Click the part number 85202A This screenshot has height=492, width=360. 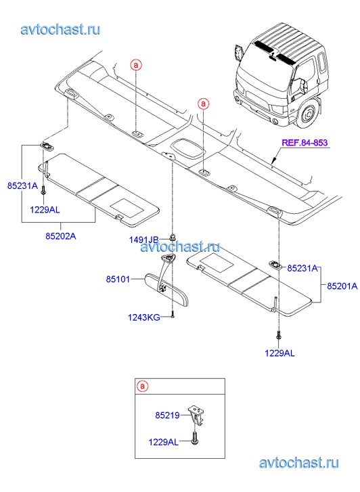(x=61, y=236)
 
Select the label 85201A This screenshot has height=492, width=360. (x=342, y=286)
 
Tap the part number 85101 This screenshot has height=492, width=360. (x=118, y=279)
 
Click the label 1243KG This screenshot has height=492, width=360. (x=144, y=317)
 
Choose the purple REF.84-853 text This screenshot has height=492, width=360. (x=305, y=143)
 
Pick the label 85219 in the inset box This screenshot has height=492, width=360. (x=167, y=415)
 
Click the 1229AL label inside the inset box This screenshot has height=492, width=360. (x=163, y=442)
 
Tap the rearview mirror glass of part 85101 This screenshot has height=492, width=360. (x=166, y=290)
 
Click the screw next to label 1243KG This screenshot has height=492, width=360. (x=173, y=315)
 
